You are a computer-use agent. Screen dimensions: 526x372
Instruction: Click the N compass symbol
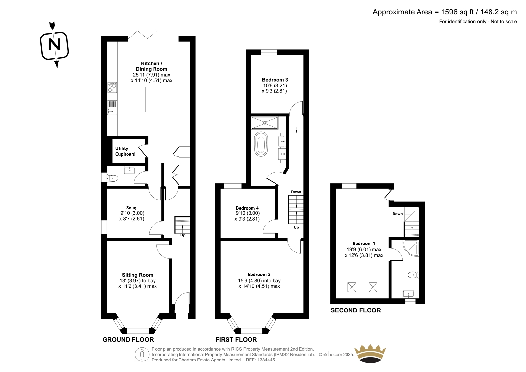[x=55, y=45]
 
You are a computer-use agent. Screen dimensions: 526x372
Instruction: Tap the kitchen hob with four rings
[x=112, y=87]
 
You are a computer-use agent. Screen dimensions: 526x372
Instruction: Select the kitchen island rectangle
[x=138, y=99]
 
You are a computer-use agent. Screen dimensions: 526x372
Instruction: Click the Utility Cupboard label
[x=125, y=151]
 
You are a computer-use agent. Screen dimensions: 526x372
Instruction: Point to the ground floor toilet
[x=112, y=178]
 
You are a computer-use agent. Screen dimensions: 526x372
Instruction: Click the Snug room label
[x=131, y=208]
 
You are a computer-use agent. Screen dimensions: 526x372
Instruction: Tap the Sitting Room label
[x=137, y=275]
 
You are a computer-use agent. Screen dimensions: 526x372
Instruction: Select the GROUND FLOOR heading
[x=128, y=339]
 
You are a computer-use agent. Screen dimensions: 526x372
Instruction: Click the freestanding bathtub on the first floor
[x=261, y=144]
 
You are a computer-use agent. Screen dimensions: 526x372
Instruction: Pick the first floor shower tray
[x=265, y=123]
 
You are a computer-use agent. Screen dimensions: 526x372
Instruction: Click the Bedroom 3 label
[x=275, y=80]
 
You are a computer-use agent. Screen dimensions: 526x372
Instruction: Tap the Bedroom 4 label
[x=247, y=208]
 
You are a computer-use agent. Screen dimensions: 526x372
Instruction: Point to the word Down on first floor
[x=296, y=192]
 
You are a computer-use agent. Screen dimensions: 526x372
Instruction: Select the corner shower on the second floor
[x=411, y=248]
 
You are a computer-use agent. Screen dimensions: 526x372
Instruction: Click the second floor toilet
[x=413, y=274]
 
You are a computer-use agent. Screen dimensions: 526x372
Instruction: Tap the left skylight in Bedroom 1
[x=352, y=287]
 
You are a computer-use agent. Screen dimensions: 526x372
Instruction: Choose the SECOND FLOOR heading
[x=356, y=310]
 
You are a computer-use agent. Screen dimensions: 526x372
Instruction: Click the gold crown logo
[x=370, y=354]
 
